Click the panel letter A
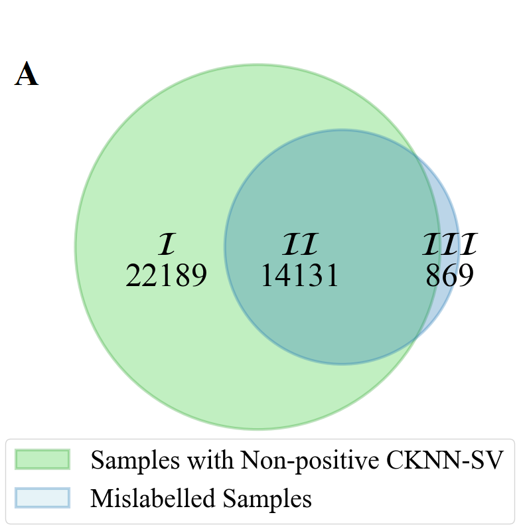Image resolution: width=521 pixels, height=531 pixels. coord(27,74)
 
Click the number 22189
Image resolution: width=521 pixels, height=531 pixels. coord(167,275)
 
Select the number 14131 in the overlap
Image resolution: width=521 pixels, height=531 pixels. coord(299,275)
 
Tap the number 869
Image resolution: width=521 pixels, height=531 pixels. coord(449,275)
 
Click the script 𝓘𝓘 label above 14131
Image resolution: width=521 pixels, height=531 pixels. coord(300,245)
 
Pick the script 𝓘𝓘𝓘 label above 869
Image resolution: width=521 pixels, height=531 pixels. coord(450,245)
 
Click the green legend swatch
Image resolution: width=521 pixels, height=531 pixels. coord(42,459)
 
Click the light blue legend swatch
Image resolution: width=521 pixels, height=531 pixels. coord(42,498)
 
